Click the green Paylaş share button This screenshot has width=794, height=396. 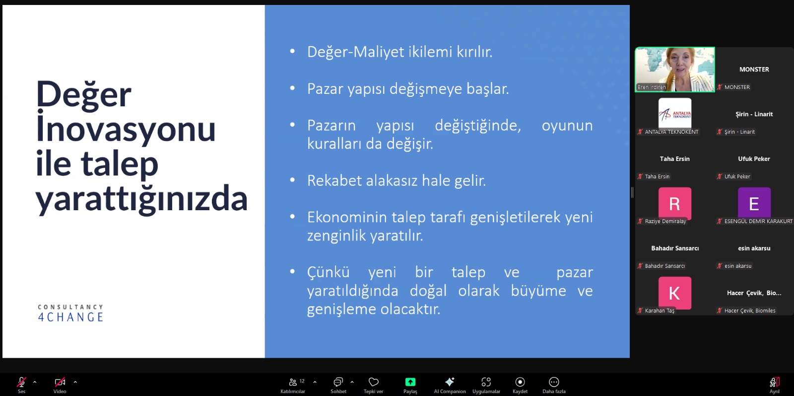coord(410,382)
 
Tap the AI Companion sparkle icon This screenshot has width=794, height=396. coord(450,382)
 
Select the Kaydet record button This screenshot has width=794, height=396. coord(520,382)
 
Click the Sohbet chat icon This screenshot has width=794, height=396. coord(338,382)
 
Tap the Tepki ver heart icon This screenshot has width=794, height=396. coord(373,382)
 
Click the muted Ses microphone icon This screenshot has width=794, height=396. coord(21,382)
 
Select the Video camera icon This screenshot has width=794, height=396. coord(60,382)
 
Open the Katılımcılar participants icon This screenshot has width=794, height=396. coord(293,382)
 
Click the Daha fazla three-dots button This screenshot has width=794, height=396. coord(554,382)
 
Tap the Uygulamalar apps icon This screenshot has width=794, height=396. coord(486,382)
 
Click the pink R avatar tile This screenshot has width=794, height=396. coord(674,203)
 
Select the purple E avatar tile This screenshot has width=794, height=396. coord(754,203)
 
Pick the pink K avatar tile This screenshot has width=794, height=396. coord(674,293)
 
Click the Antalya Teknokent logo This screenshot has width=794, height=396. coord(674,113)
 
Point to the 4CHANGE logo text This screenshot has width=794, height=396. coord(70,317)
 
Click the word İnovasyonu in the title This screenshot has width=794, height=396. coord(126,127)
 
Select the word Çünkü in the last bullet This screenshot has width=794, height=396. coord(328,272)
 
